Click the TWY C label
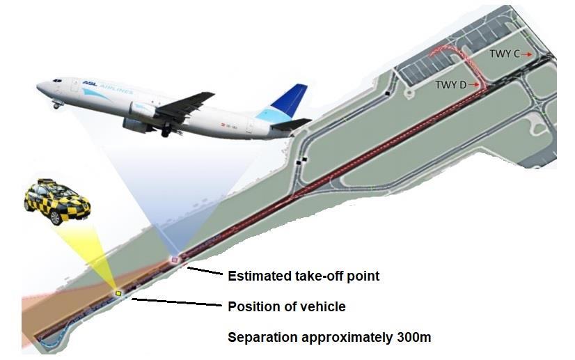505,54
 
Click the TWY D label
450,85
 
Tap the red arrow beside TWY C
527,54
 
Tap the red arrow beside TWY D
473,85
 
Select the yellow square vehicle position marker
118,293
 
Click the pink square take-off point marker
175,260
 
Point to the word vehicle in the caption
322,306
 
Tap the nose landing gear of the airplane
57,105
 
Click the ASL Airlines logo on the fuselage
107,86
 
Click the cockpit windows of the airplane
57,80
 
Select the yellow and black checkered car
57,201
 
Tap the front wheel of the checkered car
56,218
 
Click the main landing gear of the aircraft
166,130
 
